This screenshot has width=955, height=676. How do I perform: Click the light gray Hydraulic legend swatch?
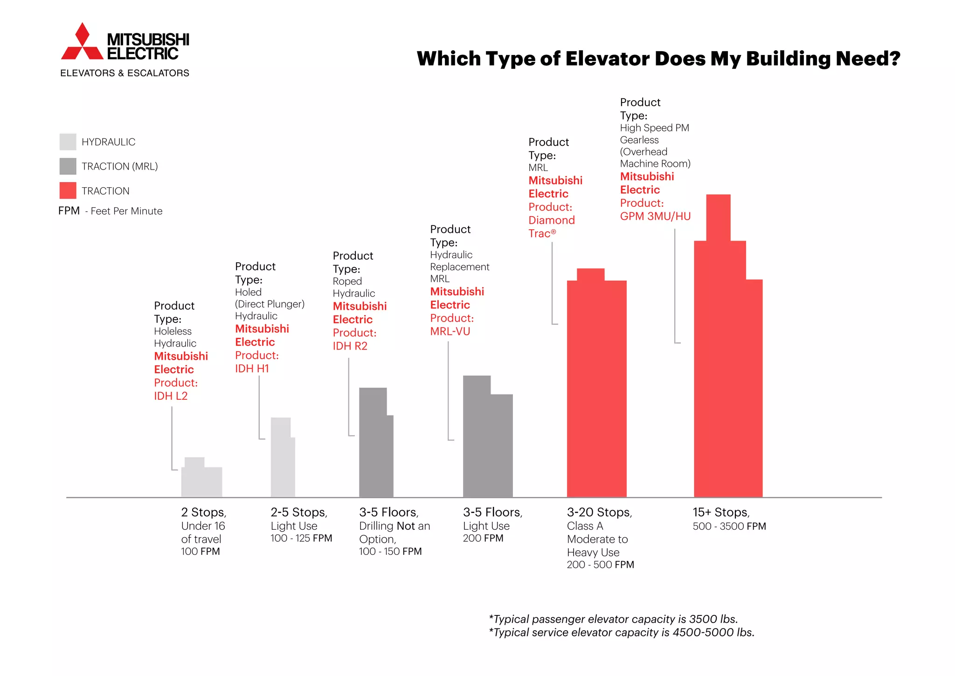(x=68, y=142)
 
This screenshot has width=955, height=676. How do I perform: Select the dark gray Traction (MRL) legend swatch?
(x=68, y=166)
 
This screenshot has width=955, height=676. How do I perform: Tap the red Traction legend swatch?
(x=68, y=191)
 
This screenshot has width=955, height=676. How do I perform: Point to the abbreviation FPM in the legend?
(x=69, y=211)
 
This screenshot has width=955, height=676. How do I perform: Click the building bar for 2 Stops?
(x=201, y=480)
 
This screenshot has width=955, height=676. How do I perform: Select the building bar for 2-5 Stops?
(x=282, y=461)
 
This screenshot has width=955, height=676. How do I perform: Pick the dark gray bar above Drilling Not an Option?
(x=375, y=447)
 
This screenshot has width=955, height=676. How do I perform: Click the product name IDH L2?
(x=171, y=396)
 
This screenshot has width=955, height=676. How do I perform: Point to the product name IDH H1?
(x=252, y=369)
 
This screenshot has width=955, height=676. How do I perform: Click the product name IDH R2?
(x=350, y=346)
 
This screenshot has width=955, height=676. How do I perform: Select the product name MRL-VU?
(x=450, y=332)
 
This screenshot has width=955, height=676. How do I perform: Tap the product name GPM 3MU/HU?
(x=655, y=216)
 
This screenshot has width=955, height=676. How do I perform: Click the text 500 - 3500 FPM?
(x=729, y=526)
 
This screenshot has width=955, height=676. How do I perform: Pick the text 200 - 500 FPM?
(x=600, y=565)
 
